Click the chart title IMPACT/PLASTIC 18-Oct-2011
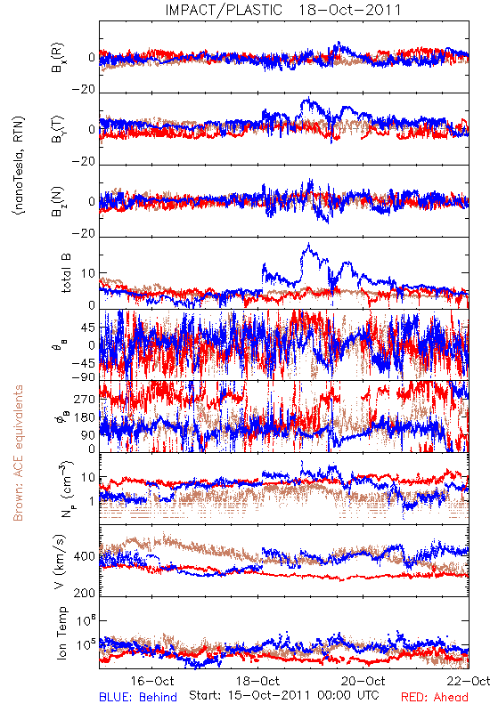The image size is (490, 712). click(283, 10)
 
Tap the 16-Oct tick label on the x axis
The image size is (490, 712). click(152, 681)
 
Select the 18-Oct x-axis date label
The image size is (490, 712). click(258, 681)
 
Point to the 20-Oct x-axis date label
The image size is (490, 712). click(363, 681)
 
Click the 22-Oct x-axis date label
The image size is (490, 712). click(469, 681)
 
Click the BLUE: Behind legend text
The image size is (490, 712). click(138, 697)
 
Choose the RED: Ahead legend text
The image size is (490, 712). click(435, 697)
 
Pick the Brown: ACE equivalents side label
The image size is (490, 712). click(17, 453)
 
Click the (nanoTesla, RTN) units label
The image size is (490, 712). click(18, 166)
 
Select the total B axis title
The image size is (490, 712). click(66, 273)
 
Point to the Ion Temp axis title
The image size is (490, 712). click(61, 633)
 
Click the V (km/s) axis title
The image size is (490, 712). click(60, 562)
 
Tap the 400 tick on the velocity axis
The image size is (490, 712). click(85, 556)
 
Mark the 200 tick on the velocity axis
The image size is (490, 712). click(85, 593)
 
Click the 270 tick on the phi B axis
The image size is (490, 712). click(85, 399)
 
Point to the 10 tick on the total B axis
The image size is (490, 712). click(88, 273)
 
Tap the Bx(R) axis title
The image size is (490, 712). click(58, 58)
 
